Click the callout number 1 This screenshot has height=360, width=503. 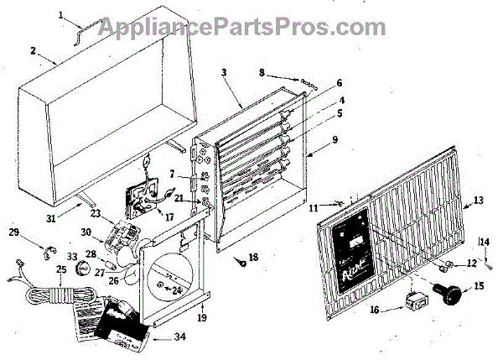(61, 14)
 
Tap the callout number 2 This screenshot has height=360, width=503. (33, 50)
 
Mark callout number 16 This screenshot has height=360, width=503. (374, 310)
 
